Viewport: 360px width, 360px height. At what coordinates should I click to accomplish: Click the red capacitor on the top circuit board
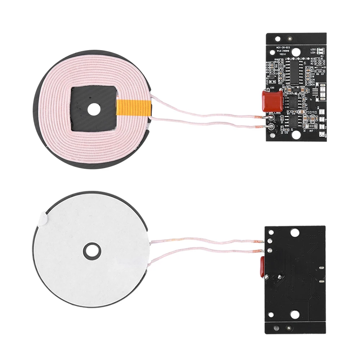coord(272,100)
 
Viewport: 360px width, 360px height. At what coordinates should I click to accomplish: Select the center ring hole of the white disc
coord(93,251)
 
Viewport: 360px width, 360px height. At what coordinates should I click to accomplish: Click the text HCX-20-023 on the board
coord(283,47)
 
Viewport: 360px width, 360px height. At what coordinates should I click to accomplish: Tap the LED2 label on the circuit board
coord(313,49)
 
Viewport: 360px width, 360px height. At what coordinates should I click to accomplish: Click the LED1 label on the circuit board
coord(313,53)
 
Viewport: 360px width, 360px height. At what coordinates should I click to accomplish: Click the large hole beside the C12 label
coord(296,135)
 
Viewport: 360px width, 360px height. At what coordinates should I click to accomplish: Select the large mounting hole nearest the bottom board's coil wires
coord(294,233)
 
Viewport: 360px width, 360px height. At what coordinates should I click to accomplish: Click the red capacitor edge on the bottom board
coord(262,266)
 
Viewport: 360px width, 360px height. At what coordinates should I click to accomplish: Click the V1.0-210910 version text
coord(283,51)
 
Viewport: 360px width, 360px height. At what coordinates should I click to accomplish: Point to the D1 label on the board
coord(324,67)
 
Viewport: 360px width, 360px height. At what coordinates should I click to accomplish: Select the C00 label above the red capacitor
coord(272,87)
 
